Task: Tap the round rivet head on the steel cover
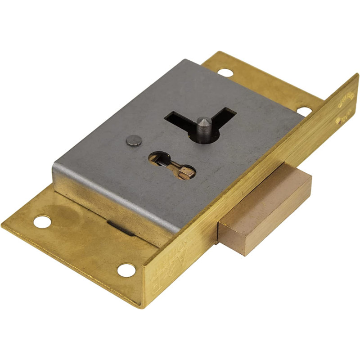[x=131, y=141]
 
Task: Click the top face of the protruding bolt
[x=265, y=198]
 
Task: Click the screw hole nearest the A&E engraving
[x=126, y=270]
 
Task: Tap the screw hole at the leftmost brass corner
[x=42, y=221]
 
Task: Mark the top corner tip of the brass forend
[x=356, y=74]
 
